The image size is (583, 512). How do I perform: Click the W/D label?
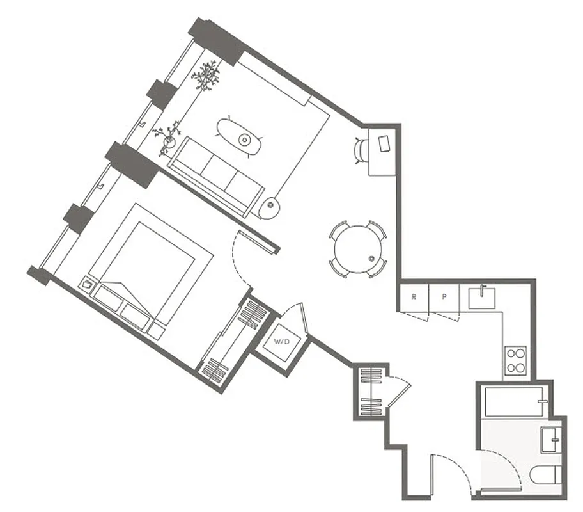(281, 341)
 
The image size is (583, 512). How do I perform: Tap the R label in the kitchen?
(414, 297)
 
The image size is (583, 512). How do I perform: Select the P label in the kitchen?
(444, 297)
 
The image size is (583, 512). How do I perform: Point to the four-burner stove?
(515, 361)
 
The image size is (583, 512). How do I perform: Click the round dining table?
(358, 249)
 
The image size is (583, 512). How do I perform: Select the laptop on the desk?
(385, 143)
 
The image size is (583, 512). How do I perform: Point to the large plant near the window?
(206, 75)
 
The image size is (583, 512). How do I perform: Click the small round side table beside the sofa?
(272, 206)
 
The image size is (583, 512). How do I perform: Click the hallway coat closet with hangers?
(371, 391)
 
